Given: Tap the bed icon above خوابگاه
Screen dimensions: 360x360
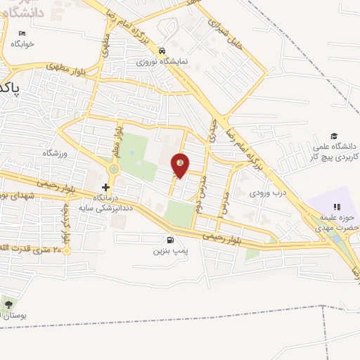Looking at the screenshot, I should (22, 33).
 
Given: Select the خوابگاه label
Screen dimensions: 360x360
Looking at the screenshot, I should (22, 43).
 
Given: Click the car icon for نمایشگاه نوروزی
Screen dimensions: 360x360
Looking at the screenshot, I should (162, 51).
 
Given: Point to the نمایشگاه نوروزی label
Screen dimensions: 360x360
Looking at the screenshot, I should (162, 61).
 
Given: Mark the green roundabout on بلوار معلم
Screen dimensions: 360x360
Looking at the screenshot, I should (114, 169).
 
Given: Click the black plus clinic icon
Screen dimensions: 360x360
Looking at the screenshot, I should (105, 187).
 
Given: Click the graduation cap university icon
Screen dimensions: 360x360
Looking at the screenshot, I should (335, 136).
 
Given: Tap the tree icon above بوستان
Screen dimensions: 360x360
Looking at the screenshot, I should (8, 304).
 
